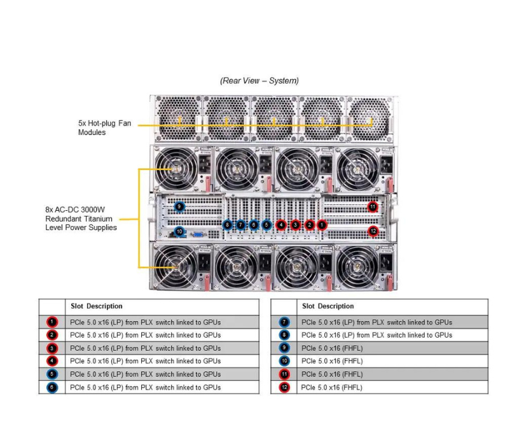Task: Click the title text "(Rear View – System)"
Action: click(259, 81)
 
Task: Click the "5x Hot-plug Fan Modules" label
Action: click(104, 127)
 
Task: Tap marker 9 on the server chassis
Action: click(179, 206)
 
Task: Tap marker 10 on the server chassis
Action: click(179, 231)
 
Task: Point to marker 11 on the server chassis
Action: click(373, 206)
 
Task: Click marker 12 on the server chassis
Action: click(373, 231)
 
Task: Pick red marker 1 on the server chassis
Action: click(322, 224)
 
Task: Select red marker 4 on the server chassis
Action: click(281, 224)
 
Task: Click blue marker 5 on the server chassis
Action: click(266, 224)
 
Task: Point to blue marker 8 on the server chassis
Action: click(227, 224)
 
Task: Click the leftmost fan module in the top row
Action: click(176, 118)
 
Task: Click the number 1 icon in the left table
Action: click(52, 322)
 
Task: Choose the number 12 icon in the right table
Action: click(284, 387)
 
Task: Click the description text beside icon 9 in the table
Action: click(332, 348)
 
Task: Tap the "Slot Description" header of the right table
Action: click(328, 306)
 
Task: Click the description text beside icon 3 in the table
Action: click(146, 348)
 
